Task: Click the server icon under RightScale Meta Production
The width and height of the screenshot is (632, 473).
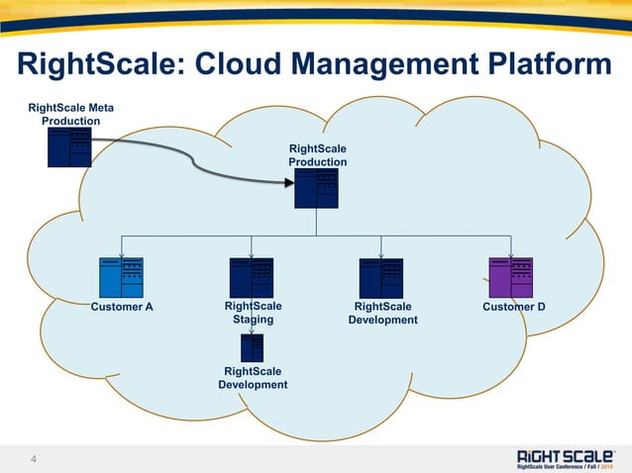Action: point(69,146)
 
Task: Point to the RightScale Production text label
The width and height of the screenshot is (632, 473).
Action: point(317,155)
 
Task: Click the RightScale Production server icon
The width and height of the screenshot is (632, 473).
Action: point(317,188)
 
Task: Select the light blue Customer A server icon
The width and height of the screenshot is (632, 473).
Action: point(121,277)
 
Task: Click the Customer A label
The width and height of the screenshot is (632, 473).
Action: point(122,307)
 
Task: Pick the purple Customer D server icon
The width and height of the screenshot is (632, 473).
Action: point(511,277)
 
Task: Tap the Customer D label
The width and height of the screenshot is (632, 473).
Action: point(514,307)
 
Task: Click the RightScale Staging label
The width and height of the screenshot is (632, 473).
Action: point(253,313)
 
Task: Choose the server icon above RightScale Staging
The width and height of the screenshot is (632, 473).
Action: point(251,277)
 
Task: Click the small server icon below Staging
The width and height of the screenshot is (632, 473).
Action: point(252,347)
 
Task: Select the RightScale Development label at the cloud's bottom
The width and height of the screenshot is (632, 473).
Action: point(253,378)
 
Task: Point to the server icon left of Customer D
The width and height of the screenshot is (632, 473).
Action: point(380,277)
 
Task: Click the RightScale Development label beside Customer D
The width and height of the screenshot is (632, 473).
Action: point(382,313)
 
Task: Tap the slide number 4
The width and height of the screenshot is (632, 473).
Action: point(34,459)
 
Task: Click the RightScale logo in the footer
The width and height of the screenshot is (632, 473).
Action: point(566,457)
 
